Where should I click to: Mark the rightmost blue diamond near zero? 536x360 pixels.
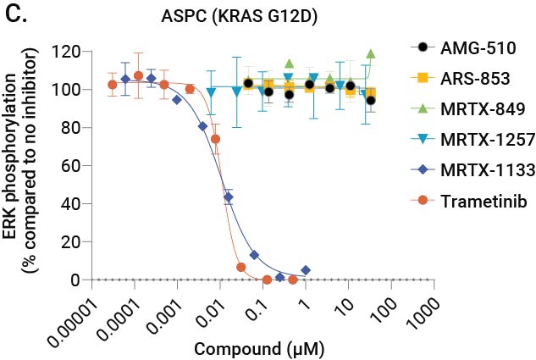coord(306,270)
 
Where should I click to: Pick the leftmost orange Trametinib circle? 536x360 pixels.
coord(112,85)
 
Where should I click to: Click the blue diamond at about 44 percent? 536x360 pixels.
coord(228,197)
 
